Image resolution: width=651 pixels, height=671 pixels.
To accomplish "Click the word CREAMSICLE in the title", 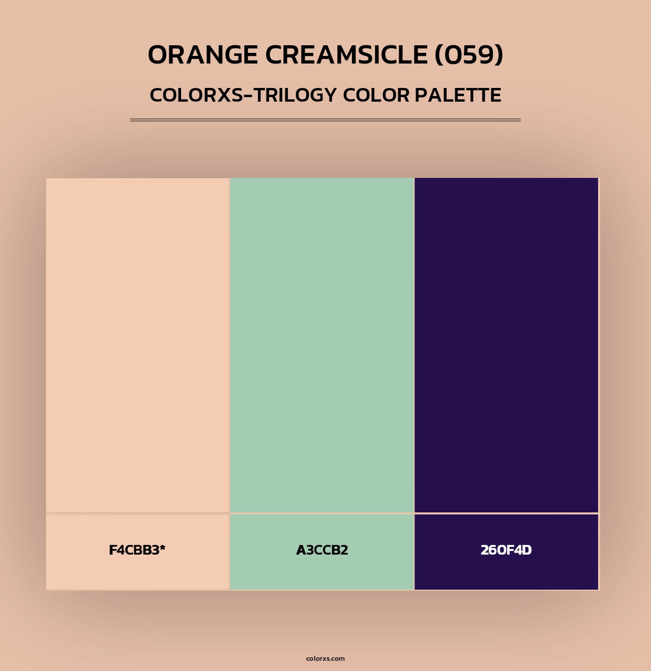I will coord(346,55).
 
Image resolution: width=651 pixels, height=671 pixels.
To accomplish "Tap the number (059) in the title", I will coord(468,55).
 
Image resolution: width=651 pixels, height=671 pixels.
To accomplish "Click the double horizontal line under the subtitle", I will coord(325,120).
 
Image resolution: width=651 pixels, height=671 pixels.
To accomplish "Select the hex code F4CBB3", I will coord(134,550).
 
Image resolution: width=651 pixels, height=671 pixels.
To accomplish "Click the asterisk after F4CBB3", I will coord(163,547).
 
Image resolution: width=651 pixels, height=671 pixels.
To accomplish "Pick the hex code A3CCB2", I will coord(322,550).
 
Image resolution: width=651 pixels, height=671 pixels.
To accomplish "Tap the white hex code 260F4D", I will coord(506,550).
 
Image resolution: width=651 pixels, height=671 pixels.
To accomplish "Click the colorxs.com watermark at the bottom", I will coord(325,658).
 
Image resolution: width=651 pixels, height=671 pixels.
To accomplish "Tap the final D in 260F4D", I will coord(526,550).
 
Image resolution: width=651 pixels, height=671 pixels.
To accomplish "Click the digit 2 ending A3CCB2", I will coord(344,550).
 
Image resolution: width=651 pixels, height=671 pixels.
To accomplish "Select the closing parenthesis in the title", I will coord(499,55).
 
